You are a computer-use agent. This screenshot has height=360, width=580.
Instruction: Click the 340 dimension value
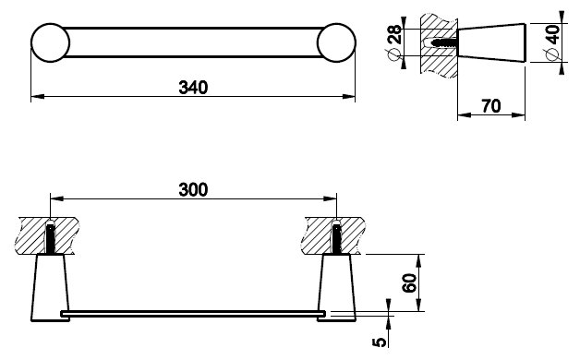[193, 88]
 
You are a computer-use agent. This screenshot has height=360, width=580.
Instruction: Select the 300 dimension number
[193, 189]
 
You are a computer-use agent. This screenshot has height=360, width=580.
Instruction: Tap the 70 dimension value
[491, 106]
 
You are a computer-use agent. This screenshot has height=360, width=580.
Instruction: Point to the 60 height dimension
[409, 282]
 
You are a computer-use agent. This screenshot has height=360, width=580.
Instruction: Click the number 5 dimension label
[379, 342]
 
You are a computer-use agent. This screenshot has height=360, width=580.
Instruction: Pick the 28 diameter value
[394, 34]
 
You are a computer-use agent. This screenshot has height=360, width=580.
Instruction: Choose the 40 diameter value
[552, 34]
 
